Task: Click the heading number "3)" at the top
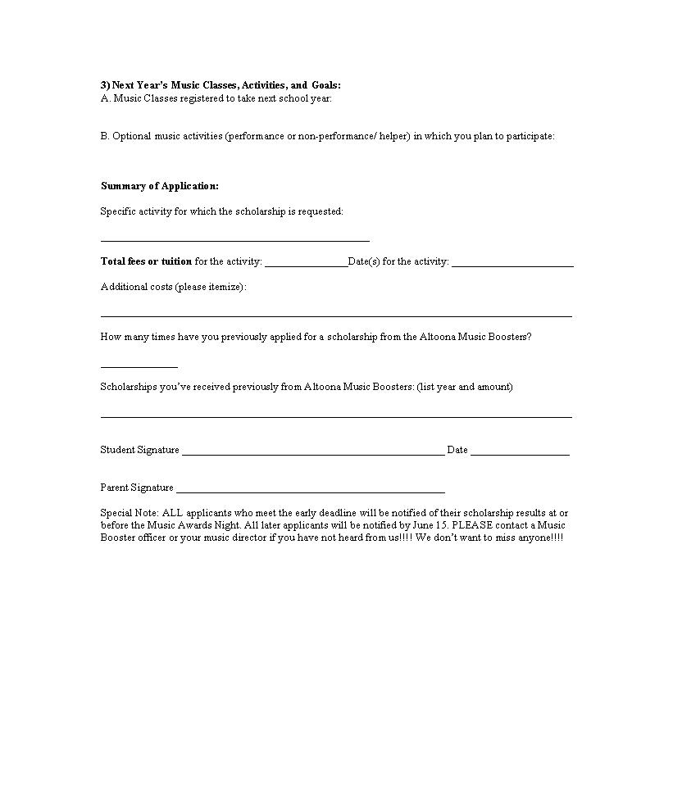pos(106,85)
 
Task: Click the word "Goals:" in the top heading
pos(326,85)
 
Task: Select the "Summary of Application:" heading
pos(160,186)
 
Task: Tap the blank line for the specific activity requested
pos(234,239)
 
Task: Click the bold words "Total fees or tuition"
pos(146,261)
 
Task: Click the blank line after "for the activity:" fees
pos(306,265)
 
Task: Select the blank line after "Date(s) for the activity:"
pos(512,265)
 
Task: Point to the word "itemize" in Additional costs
pos(225,287)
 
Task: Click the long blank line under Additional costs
pos(336,315)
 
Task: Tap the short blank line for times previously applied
pos(139,365)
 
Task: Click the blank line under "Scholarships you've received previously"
pos(336,415)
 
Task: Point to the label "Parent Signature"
pos(137,488)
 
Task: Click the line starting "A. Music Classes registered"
pos(216,98)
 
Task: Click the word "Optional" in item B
pos(131,136)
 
